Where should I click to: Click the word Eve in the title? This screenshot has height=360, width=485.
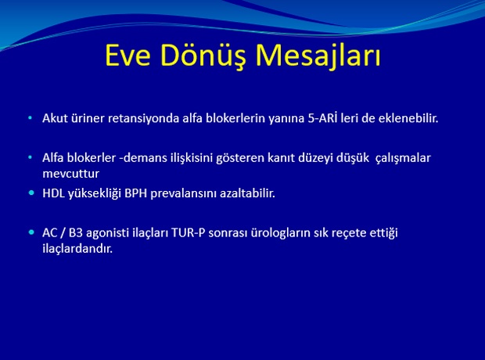point(128,55)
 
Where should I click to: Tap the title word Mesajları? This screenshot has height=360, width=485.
point(318,56)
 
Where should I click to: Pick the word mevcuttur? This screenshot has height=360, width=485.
point(71,174)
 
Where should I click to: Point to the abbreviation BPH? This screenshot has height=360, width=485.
point(135,193)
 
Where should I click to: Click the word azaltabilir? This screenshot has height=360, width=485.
point(247,193)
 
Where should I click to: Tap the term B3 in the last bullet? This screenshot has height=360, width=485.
point(76,232)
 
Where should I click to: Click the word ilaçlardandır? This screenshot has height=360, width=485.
point(77,249)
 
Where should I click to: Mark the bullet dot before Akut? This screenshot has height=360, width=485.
point(30,118)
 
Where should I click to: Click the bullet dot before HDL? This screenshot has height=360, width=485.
point(31,193)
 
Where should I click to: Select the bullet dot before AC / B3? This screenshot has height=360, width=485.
point(31,232)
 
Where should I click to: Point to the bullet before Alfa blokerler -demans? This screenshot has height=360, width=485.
point(30,157)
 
